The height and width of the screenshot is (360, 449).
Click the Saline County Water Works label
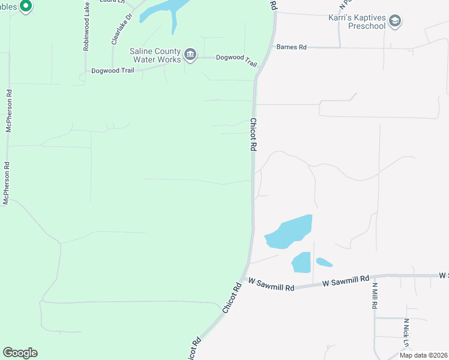[x=155, y=55]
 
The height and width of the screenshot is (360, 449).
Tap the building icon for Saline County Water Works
[x=190, y=55]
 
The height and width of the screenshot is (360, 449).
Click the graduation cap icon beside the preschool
[x=394, y=22]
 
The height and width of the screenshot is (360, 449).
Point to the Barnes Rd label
[x=291, y=47]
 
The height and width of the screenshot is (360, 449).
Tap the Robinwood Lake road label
[x=86, y=25]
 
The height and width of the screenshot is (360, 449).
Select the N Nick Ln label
[x=406, y=332]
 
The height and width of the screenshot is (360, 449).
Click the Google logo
[x=20, y=353]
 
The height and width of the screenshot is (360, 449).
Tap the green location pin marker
[x=25, y=7]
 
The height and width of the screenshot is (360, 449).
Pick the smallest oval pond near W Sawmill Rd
[x=324, y=262]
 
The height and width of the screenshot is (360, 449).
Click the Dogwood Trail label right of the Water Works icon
[x=237, y=61]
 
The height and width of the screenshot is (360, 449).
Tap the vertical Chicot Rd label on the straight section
[x=253, y=134]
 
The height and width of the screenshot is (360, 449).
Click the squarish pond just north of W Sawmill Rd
[x=301, y=262]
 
